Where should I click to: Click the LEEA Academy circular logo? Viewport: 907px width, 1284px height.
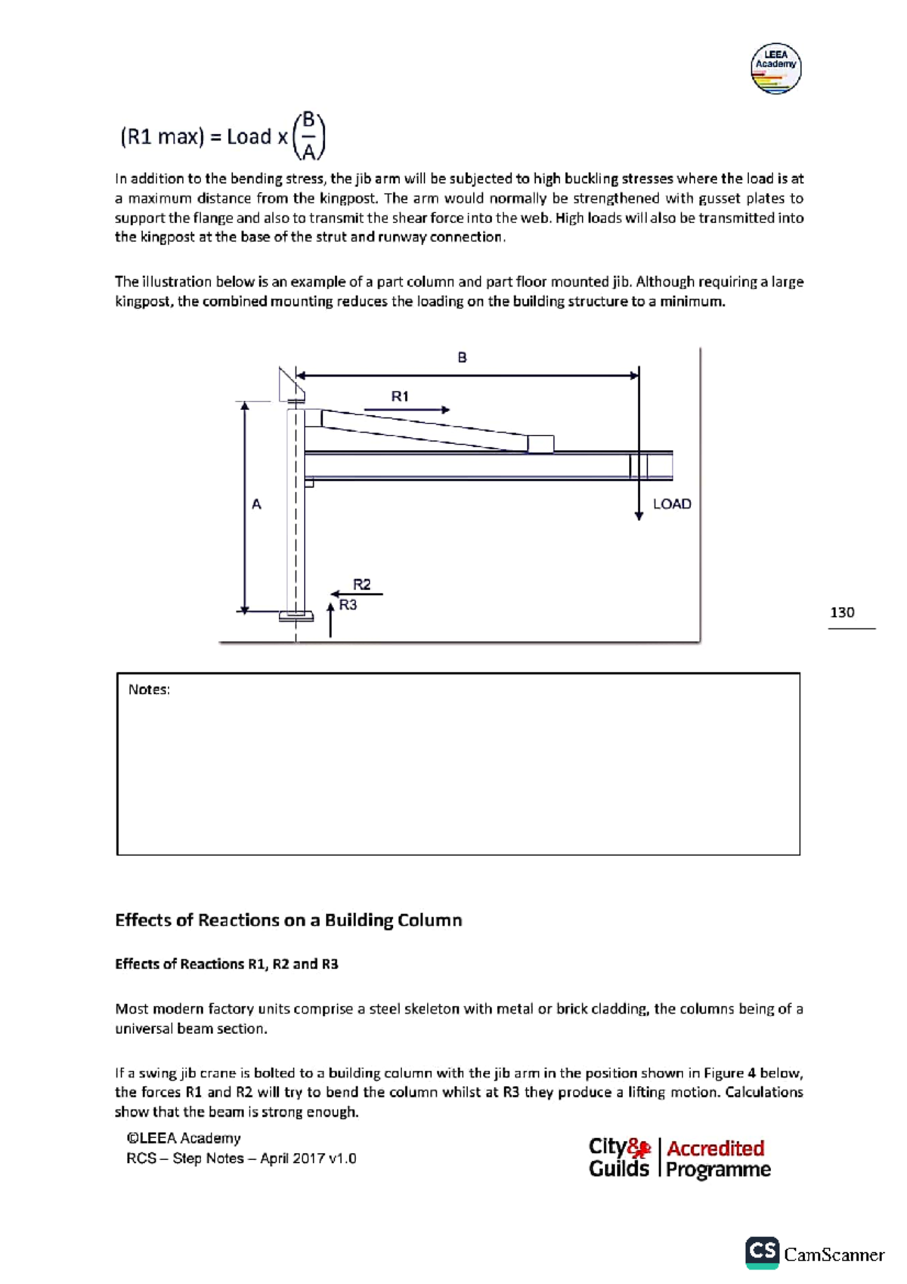coord(775,69)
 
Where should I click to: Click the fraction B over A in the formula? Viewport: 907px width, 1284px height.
coord(308,136)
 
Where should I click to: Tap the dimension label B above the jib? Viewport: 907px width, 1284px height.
coord(462,358)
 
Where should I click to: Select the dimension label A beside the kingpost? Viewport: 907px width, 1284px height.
coord(256,504)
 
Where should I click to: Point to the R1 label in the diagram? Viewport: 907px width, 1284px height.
coord(400,396)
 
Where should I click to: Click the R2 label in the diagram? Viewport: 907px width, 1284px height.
coord(362,585)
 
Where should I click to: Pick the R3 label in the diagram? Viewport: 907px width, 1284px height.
coord(348,605)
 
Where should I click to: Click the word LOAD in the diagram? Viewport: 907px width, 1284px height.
coord(672,504)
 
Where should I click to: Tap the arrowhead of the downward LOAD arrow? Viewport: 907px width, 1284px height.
coord(639,516)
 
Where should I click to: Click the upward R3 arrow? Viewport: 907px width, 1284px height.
coord(330,619)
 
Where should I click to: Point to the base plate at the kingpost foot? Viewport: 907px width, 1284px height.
coord(296,616)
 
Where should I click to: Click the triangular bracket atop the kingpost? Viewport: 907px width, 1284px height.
coord(290,385)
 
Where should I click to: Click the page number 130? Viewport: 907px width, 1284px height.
coord(842,613)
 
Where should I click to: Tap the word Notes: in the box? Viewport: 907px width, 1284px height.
coord(149,690)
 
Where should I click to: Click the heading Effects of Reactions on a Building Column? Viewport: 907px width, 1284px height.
coord(288,920)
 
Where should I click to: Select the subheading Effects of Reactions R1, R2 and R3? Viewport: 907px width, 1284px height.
coord(226,964)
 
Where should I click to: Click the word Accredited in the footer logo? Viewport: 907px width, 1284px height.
coord(715,1149)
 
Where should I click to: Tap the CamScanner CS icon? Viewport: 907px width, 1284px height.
coord(762,1252)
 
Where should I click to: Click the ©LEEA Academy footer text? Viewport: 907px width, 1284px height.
coord(184,1139)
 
